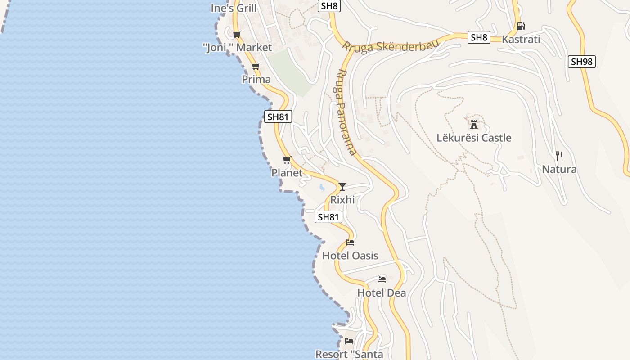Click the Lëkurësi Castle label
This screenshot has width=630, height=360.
pyautogui.click(x=474, y=138)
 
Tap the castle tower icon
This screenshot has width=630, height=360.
pyautogui.click(x=474, y=124)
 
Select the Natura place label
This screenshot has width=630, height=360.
pyautogui.click(x=559, y=170)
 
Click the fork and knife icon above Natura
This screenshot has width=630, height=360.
pyautogui.click(x=559, y=156)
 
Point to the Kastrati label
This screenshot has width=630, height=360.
pyautogui.click(x=521, y=40)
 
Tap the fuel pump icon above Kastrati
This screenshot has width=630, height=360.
pyautogui.click(x=521, y=26)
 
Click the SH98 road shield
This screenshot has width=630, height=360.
pyautogui.click(x=581, y=62)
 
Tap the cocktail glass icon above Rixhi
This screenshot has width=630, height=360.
pyautogui.click(x=342, y=186)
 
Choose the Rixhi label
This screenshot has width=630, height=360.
pyautogui.click(x=342, y=200)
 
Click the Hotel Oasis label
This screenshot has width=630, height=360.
pyautogui.click(x=350, y=256)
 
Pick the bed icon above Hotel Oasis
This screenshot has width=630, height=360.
pyautogui.click(x=350, y=243)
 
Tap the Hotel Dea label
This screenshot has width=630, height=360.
pyautogui.click(x=382, y=293)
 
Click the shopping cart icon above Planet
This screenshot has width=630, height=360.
pyautogui.click(x=287, y=160)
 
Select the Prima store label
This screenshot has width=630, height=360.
pyautogui.click(x=256, y=80)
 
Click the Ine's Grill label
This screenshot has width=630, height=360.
pyautogui.click(x=234, y=8)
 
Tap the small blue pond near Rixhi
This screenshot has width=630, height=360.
pyautogui.click(x=322, y=187)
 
